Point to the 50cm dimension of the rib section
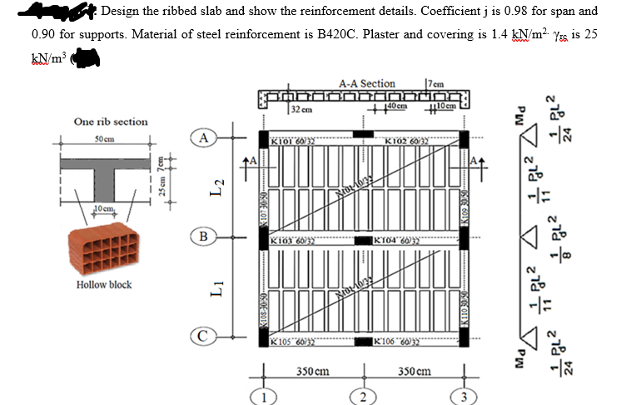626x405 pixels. click(103, 136)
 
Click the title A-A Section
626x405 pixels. click(366, 83)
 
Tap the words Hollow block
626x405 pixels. click(103, 285)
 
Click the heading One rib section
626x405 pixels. click(111, 122)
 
